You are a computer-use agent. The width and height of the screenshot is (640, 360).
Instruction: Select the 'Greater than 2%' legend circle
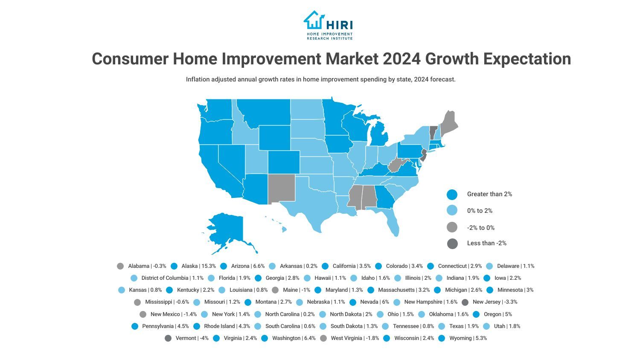[x=452, y=195]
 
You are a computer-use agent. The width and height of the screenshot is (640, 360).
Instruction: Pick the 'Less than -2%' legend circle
[x=452, y=244]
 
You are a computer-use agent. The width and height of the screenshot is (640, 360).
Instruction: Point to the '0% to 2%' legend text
[x=480, y=211]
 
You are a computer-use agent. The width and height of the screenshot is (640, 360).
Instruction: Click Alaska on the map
[x=228, y=230]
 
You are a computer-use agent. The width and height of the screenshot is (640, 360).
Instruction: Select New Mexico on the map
[x=281, y=188]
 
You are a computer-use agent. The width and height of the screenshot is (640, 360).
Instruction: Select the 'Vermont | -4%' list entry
[x=192, y=338]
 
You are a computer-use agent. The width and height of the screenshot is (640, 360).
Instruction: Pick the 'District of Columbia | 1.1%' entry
[x=172, y=278]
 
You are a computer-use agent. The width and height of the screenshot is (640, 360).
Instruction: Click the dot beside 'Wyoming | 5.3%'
[x=442, y=338]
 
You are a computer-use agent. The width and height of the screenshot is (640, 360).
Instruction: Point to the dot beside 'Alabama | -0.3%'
[x=121, y=266]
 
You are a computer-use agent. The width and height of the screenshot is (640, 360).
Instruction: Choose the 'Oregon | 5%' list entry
[x=497, y=314]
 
